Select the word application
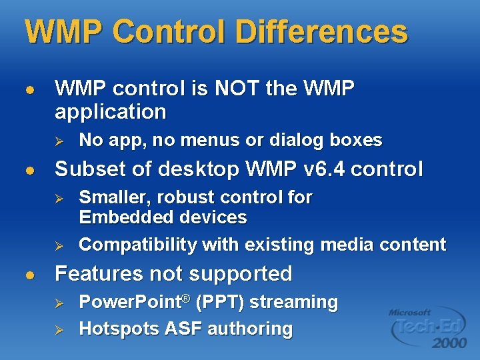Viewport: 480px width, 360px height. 110,111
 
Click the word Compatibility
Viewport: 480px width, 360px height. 138,245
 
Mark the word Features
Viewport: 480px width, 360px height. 100,273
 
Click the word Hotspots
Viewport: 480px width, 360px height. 119,329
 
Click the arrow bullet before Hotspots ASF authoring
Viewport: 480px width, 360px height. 58,329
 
